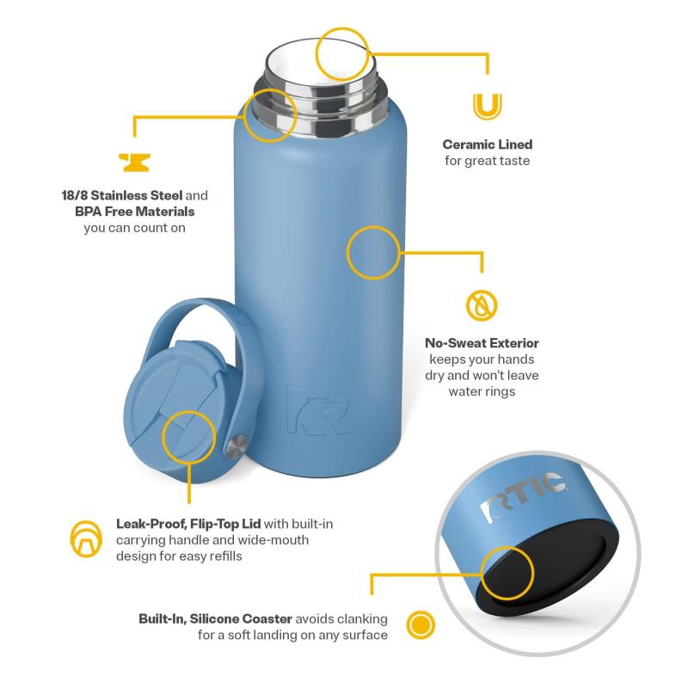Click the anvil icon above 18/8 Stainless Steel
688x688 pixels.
coord(134,162)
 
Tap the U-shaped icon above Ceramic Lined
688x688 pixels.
coord(487,107)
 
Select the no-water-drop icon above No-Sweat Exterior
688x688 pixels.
coord(482,305)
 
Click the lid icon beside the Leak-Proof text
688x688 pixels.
coord(86,539)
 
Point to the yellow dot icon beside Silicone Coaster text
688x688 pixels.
coord(421,624)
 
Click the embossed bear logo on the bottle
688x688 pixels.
coord(318,411)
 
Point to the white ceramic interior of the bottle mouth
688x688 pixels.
coord(320,61)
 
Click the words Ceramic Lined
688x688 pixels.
coord(488,144)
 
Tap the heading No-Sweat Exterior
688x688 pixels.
coord(482,343)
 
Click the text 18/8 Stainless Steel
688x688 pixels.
coord(122,195)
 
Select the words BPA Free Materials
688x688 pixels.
coord(135,212)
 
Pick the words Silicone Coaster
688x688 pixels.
coord(241,618)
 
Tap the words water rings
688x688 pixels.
coord(482,391)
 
